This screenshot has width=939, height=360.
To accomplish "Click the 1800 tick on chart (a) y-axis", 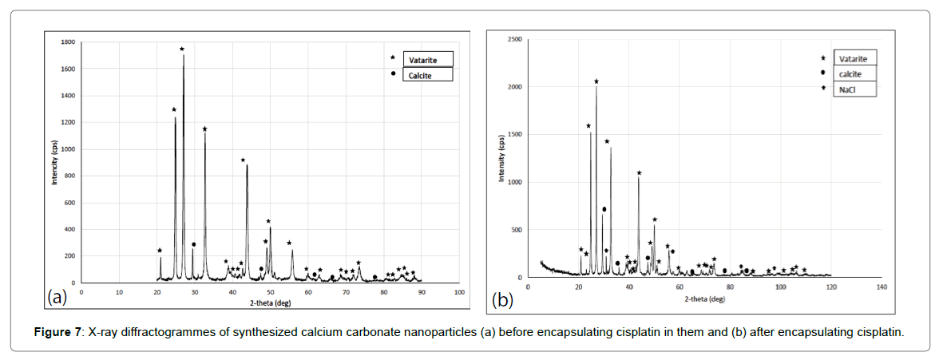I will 68,42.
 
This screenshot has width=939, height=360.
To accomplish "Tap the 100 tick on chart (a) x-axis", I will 459,291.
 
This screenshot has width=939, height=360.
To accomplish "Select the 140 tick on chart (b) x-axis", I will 881,286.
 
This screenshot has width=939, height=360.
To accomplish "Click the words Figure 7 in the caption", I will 63,331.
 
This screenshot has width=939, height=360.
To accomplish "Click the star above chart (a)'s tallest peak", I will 182,49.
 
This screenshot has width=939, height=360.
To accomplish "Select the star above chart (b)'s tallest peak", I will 596,81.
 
